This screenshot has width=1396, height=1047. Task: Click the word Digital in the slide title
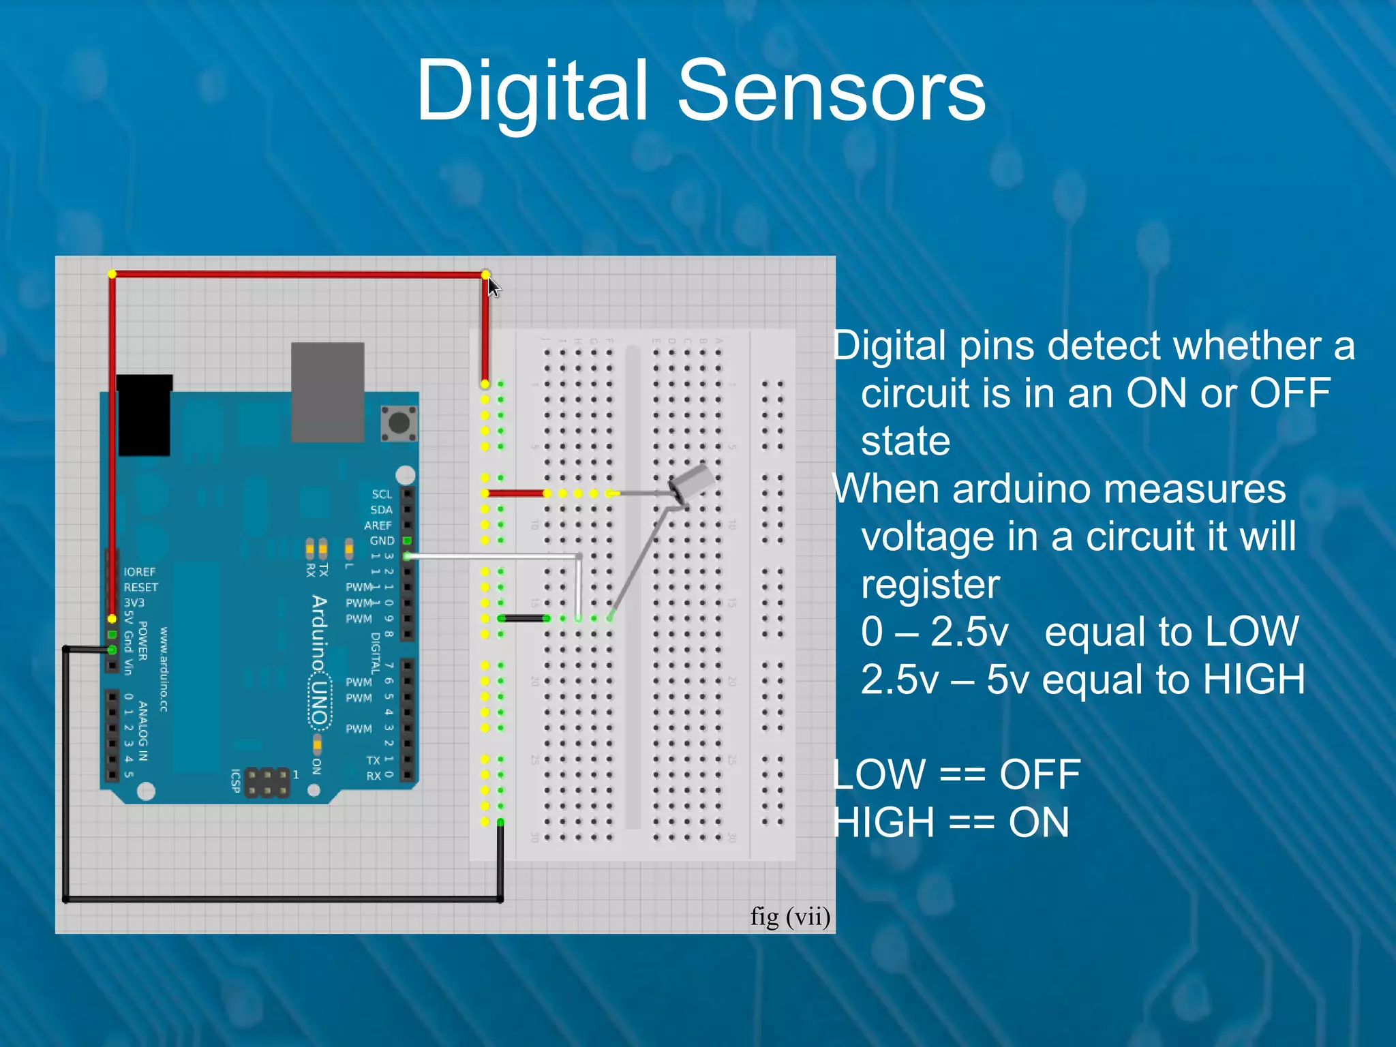click(x=532, y=91)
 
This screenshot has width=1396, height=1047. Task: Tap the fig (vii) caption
click(x=790, y=917)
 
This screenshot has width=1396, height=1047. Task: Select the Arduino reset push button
click(x=399, y=423)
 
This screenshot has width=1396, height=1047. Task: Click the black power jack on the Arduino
click(x=144, y=416)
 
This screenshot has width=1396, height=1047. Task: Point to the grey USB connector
click(x=327, y=392)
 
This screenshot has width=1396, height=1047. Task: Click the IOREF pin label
click(x=139, y=571)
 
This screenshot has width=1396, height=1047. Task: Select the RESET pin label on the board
click(x=140, y=587)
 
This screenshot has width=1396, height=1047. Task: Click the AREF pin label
click(x=378, y=525)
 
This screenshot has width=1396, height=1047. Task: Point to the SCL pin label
click(x=382, y=494)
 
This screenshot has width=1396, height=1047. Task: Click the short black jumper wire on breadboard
click(x=523, y=618)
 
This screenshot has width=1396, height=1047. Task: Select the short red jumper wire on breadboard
click(x=515, y=493)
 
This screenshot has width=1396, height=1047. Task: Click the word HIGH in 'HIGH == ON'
click(x=883, y=822)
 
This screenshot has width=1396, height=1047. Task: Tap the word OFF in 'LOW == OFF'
click(x=1040, y=774)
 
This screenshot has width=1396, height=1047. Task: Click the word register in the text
click(x=930, y=584)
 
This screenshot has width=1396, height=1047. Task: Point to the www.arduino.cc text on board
click(x=164, y=670)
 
